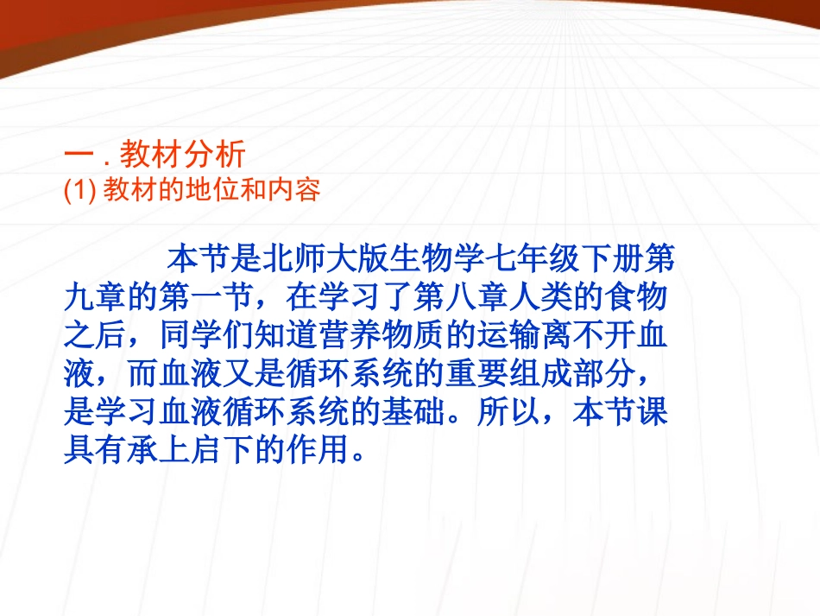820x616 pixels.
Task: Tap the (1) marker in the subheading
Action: [80, 191]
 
